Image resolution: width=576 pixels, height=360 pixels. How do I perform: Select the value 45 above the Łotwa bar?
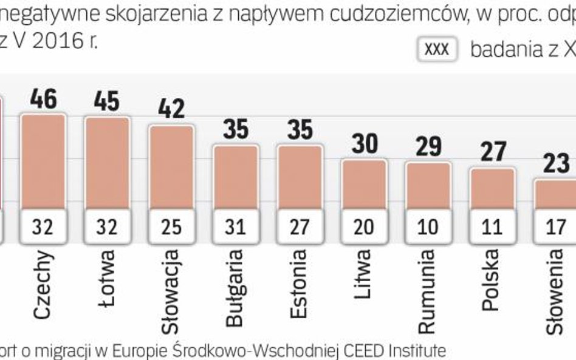[x=107, y=101]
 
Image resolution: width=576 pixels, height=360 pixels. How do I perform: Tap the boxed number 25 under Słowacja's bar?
[x=171, y=228]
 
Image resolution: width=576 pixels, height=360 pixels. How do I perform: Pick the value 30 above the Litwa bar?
[x=364, y=144]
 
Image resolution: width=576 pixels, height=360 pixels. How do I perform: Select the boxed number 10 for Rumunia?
[x=428, y=228]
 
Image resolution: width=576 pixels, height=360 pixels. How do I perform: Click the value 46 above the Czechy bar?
[x=43, y=98]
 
